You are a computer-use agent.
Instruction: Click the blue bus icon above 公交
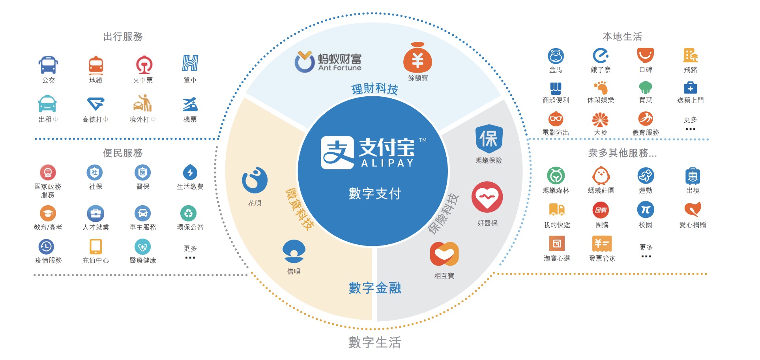[x=48, y=65]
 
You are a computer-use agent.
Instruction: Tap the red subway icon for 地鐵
[x=96, y=65]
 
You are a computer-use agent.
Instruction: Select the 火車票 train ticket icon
[x=144, y=65]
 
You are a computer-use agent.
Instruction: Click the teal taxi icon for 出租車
[x=47, y=104]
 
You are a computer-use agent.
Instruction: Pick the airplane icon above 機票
[x=190, y=104]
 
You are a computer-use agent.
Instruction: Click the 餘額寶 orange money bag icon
[x=417, y=58]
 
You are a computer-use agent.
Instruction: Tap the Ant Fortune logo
[x=328, y=62]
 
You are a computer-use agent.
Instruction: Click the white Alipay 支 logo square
[x=337, y=153]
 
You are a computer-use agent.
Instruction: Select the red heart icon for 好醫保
[x=487, y=197]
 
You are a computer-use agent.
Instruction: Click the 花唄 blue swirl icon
[x=255, y=180]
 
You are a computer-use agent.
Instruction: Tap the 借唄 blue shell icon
[x=294, y=251]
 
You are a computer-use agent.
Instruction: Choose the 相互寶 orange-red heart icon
[x=444, y=254]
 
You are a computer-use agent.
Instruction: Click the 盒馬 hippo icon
[x=556, y=56]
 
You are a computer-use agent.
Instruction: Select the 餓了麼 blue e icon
[x=601, y=56]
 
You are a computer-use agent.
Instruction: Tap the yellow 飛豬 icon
[x=691, y=56]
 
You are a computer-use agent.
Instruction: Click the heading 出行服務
[x=123, y=37]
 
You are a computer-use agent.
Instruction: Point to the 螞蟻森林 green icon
[x=556, y=176]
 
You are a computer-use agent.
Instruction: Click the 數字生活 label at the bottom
[x=374, y=342]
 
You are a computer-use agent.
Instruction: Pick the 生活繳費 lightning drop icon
[x=190, y=172]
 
